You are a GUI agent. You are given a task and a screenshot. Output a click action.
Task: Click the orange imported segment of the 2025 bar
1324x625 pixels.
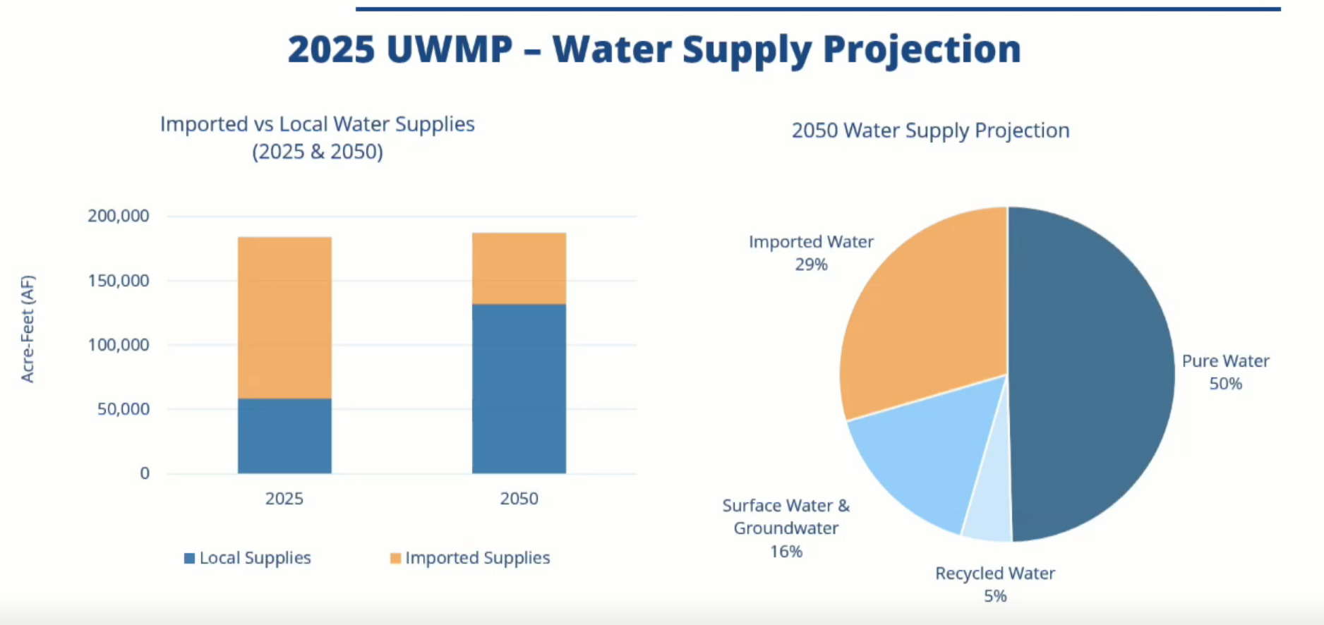tap(284, 317)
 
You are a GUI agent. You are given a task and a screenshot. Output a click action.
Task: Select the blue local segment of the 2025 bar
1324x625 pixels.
tap(284, 436)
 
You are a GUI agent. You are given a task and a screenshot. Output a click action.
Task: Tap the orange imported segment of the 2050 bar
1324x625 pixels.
tap(519, 268)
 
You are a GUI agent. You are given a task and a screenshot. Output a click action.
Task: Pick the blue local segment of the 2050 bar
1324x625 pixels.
tap(519, 389)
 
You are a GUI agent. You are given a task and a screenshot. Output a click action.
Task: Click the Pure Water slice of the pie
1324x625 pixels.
tap(1090, 374)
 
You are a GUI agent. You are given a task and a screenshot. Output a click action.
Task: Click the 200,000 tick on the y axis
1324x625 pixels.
tap(119, 216)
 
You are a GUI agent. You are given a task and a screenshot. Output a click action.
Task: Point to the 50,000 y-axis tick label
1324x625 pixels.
tap(124, 409)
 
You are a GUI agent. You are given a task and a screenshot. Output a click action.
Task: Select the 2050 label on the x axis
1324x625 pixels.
tap(519, 499)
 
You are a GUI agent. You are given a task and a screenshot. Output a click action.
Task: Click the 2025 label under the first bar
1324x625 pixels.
tap(284, 499)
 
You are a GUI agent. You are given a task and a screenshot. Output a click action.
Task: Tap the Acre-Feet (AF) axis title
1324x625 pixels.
tap(28, 329)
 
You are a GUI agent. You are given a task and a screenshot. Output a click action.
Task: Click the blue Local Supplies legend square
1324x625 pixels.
tap(189, 558)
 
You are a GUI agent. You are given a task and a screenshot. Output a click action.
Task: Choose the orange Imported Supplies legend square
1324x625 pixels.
tap(395, 558)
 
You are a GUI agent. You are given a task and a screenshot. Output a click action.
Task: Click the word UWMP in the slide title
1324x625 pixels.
tap(450, 49)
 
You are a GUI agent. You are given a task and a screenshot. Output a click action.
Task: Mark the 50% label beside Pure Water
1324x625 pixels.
tap(1226, 384)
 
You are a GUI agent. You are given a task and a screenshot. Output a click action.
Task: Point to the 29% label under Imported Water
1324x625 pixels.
tap(812, 265)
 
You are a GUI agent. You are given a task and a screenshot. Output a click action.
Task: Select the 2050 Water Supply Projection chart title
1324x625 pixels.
tap(930, 131)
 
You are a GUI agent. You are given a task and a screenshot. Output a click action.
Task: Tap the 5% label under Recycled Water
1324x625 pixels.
tap(995, 596)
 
